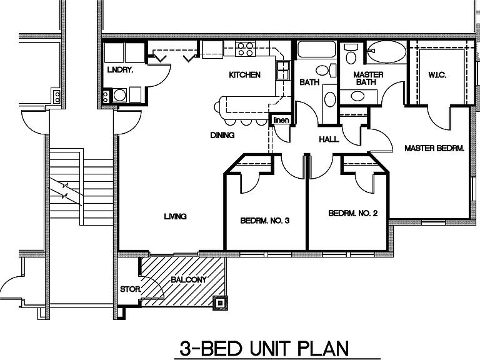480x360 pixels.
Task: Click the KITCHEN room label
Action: (x=244, y=75)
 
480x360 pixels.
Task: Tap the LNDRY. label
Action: (x=120, y=70)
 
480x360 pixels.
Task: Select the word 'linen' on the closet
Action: (x=281, y=120)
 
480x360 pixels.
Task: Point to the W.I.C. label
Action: (x=437, y=75)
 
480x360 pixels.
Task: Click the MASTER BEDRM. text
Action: (x=434, y=148)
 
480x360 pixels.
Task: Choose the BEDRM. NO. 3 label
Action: (x=265, y=221)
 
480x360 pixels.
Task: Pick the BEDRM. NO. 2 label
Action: (x=353, y=213)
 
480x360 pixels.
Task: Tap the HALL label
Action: (x=329, y=139)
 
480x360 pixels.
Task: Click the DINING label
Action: (x=222, y=135)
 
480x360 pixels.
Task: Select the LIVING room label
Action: (x=176, y=216)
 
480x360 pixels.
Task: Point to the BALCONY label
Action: (x=189, y=279)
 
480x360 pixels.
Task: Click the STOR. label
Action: (x=131, y=289)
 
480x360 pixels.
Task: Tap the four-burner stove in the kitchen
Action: (x=245, y=49)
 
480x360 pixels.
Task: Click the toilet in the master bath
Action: (x=351, y=54)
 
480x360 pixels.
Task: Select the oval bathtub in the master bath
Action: (x=386, y=51)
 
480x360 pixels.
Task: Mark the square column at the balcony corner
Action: (x=220, y=303)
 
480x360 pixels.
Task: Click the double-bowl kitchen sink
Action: (x=283, y=71)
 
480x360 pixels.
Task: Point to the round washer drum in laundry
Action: (x=120, y=95)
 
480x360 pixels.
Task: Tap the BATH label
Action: (x=309, y=82)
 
